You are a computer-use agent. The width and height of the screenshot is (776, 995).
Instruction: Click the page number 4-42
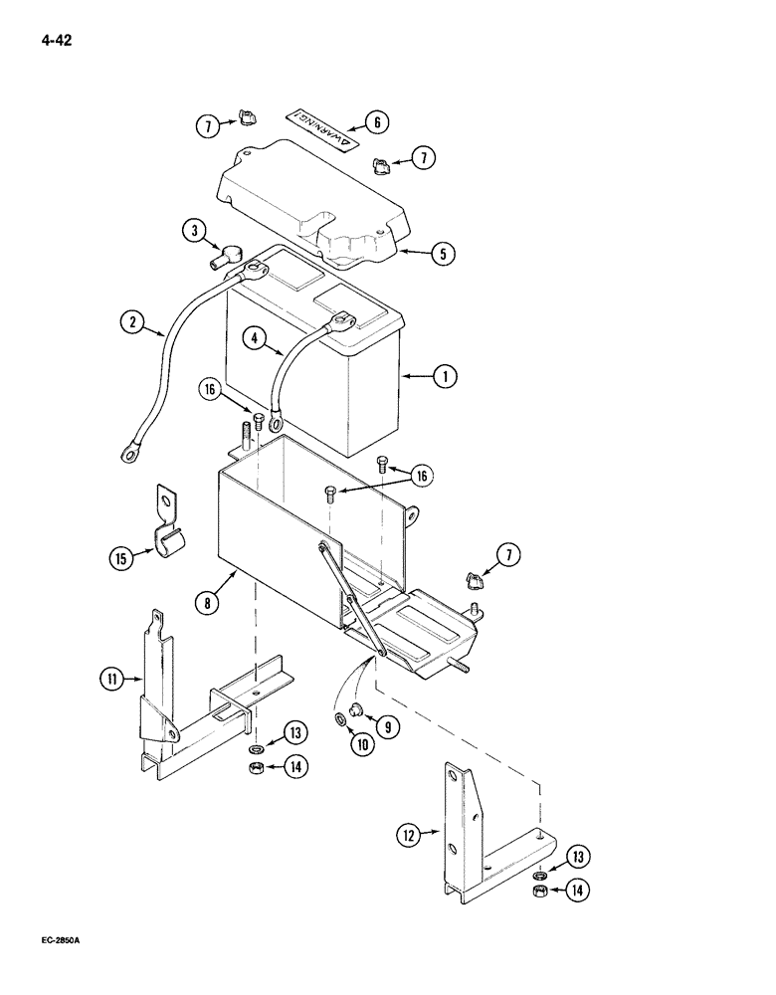click(56, 42)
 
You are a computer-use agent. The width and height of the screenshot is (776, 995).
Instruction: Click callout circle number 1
click(446, 376)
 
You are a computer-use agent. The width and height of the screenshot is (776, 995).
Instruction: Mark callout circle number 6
click(376, 122)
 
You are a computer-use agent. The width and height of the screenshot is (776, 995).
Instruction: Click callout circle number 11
click(110, 681)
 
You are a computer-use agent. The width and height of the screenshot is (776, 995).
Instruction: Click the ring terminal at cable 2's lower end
click(127, 454)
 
